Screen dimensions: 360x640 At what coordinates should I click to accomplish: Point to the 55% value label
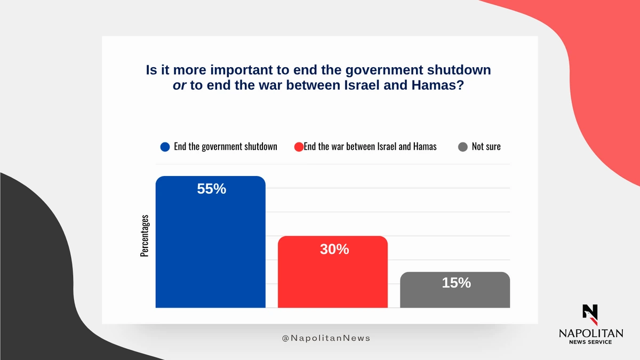[x=212, y=189]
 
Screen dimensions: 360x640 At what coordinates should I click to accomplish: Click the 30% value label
[x=334, y=249]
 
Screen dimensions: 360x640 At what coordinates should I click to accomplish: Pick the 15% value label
[x=457, y=283]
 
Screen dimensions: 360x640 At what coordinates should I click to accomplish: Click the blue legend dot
[x=165, y=147]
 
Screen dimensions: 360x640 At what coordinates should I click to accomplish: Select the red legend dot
[x=299, y=147]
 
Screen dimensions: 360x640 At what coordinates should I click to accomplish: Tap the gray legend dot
[x=463, y=147]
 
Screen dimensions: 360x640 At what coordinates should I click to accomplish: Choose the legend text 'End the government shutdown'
[x=226, y=147]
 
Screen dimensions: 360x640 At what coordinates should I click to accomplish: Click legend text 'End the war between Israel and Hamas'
[x=370, y=147]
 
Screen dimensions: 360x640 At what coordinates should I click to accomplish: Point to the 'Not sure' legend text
[x=486, y=147]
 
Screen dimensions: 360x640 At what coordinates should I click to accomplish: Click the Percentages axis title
[x=145, y=236]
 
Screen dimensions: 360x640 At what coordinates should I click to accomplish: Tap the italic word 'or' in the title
[x=179, y=85]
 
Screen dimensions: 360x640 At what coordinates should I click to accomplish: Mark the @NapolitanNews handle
[x=326, y=338]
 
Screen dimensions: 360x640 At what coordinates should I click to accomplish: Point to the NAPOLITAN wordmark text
[x=590, y=333]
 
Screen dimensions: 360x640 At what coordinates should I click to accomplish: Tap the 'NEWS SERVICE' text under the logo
[x=590, y=342]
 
